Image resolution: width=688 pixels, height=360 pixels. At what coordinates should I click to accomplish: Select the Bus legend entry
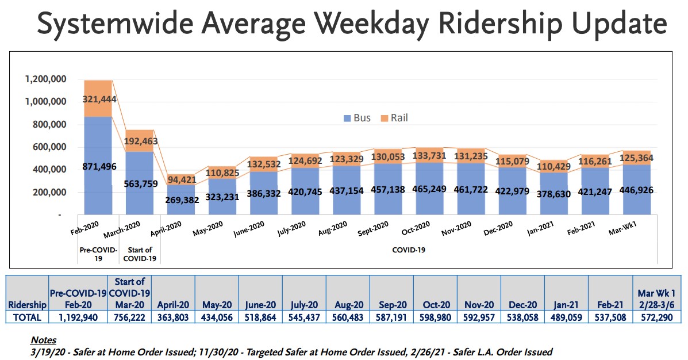coord(357,118)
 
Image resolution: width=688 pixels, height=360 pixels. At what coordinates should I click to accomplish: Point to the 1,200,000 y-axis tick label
coord(46,79)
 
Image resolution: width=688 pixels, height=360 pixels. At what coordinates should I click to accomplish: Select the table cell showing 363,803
coord(174,317)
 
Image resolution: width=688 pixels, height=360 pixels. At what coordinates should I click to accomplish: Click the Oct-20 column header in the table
coord(436,305)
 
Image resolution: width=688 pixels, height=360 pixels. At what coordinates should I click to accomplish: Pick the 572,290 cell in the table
coord(655,317)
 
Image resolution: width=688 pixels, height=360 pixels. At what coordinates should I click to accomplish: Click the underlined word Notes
coord(44,340)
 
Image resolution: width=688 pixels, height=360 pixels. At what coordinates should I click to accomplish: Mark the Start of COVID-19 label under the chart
coord(140,254)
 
